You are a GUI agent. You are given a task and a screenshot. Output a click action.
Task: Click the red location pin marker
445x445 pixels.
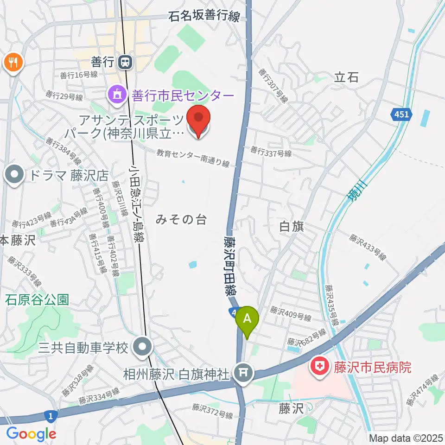(x=199, y=121)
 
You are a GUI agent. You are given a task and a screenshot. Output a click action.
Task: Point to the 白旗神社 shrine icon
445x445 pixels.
(x=242, y=371)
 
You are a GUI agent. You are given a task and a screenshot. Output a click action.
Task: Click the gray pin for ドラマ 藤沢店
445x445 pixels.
(x=14, y=175)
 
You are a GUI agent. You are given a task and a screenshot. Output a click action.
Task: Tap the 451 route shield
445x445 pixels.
(x=400, y=114)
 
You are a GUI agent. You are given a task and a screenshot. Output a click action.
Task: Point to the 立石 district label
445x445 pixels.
(x=346, y=77)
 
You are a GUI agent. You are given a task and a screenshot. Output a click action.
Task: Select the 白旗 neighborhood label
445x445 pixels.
(x=292, y=226)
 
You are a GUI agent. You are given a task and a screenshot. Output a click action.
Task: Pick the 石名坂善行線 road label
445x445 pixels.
(x=204, y=17)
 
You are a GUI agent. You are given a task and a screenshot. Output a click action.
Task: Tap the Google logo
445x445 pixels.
(x=31, y=434)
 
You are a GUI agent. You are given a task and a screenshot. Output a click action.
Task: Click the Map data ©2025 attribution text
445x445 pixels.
(x=406, y=438)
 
